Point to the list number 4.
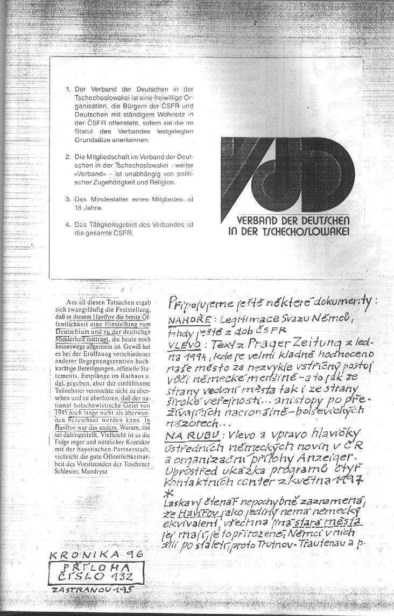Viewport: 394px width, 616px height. point(69,225)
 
